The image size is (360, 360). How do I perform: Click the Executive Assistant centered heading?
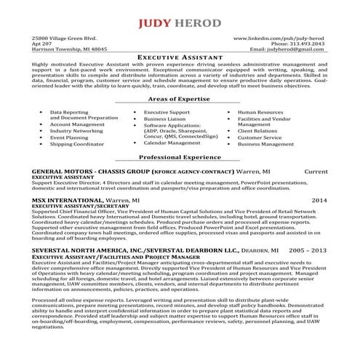click(x=180, y=57)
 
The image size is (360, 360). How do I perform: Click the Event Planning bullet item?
click(x=69, y=137)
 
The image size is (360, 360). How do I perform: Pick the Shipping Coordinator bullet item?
click(x=76, y=144)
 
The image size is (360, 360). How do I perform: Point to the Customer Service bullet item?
click(x=260, y=137)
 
